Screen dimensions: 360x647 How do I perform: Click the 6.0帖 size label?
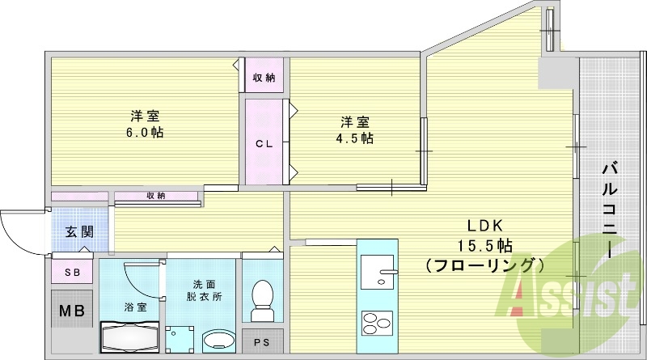coord(146,132)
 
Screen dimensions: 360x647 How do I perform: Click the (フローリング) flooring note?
coord(484,265)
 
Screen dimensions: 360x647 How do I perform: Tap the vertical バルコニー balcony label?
coord(611,210)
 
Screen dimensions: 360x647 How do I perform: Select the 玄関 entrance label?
coord(78,231)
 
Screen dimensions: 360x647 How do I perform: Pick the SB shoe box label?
coord(71,273)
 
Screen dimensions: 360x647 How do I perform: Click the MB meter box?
coord(70,311)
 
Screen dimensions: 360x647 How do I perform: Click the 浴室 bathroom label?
coord(135,307)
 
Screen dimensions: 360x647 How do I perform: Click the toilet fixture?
coord(262,299)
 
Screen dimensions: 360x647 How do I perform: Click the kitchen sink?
coord(376,271)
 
